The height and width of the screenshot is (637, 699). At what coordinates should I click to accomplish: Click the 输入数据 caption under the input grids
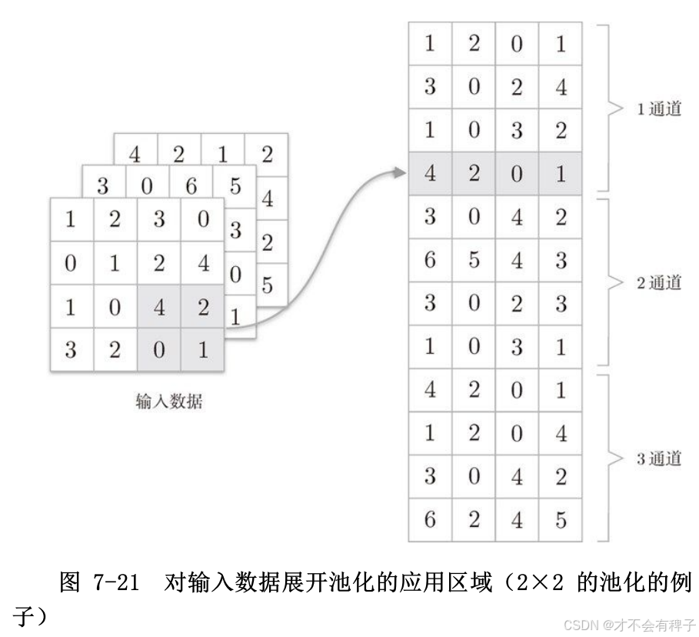tap(170, 401)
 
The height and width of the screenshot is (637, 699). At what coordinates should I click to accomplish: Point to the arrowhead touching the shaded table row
tap(398, 173)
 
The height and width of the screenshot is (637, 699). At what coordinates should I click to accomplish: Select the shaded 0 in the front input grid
tap(158, 351)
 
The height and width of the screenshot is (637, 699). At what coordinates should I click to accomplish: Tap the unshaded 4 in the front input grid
tap(202, 264)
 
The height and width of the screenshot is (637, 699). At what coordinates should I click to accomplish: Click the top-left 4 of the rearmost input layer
tap(135, 155)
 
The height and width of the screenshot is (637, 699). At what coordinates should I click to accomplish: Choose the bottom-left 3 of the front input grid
tap(71, 351)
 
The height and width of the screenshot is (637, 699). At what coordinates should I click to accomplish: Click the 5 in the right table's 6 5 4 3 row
tap(474, 260)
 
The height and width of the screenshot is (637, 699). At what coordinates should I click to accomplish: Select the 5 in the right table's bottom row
tap(561, 520)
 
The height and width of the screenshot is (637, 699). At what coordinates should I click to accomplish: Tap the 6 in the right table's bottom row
tap(430, 520)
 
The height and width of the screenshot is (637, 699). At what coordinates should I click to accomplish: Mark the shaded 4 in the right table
tap(430, 174)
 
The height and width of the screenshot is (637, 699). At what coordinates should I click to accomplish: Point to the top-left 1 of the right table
tap(430, 44)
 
